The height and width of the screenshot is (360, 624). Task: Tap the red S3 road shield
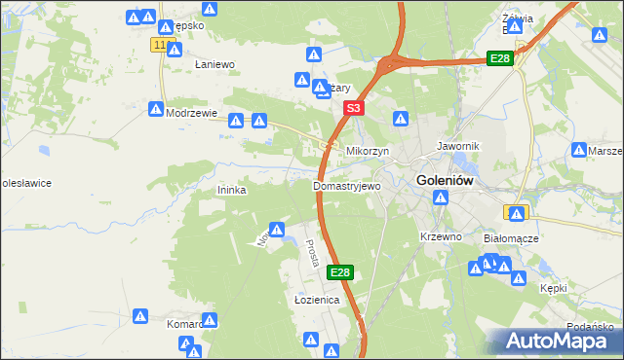point(354,109)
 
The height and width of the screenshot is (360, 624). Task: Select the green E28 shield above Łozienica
point(339,273)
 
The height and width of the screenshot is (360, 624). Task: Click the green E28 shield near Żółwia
point(500,59)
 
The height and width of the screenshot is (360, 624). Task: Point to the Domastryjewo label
point(346,185)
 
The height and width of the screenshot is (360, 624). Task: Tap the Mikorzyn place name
point(368,152)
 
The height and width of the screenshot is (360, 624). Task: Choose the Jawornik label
point(456,145)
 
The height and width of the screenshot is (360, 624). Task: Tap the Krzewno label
point(440,236)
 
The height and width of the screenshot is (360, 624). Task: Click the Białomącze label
point(512,237)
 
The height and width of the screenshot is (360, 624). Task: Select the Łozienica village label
point(316,301)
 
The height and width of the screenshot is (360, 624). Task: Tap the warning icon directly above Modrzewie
point(155,109)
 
